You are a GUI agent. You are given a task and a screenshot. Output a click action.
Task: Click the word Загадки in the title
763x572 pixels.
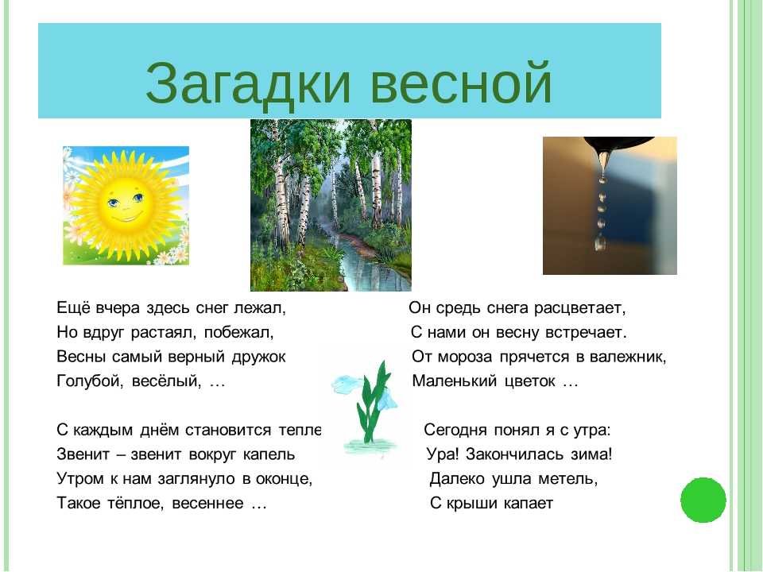(x=248, y=83)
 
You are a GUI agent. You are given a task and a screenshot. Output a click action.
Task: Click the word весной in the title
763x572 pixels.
(x=461, y=83)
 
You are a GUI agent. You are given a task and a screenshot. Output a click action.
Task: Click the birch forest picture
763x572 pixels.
(x=331, y=205)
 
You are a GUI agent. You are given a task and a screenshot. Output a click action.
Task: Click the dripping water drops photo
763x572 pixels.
(x=610, y=206)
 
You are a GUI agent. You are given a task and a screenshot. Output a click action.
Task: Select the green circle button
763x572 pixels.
(x=703, y=500)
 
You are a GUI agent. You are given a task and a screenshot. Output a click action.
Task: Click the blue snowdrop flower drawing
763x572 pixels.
(x=366, y=404)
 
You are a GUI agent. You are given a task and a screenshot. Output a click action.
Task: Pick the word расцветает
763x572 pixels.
(x=579, y=308)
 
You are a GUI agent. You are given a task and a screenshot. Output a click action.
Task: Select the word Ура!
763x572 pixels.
(x=443, y=454)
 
